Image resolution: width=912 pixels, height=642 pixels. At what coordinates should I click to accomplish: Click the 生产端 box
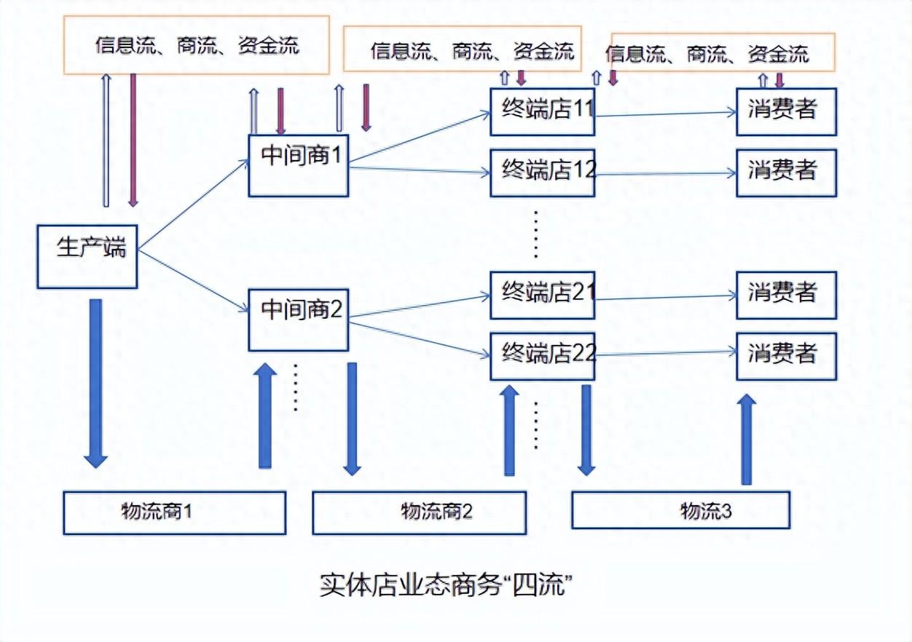click(87, 256)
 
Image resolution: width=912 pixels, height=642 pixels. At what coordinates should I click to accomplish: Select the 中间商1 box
click(298, 165)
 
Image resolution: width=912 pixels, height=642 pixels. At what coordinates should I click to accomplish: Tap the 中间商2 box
click(298, 319)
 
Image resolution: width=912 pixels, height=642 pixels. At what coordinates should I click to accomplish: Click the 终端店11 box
click(542, 111)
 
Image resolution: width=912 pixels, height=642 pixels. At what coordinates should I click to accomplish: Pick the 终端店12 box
click(542, 173)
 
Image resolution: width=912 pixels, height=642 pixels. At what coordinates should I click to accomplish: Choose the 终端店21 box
click(542, 295)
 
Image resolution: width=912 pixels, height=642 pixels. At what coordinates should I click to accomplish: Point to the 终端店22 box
click(542, 356)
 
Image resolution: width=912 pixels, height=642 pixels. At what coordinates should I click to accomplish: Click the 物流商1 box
click(173, 512)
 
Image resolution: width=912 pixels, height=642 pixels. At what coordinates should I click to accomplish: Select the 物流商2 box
click(419, 512)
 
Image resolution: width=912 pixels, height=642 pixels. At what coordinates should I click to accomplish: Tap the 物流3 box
click(680, 510)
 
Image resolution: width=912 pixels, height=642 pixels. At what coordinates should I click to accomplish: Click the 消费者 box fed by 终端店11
click(786, 111)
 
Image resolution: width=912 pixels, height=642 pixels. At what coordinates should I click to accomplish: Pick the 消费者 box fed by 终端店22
click(786, 356)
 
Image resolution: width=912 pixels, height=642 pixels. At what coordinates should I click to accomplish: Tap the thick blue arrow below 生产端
click(95, 382)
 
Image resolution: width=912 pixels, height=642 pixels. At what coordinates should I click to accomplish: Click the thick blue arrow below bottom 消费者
click(746, 440)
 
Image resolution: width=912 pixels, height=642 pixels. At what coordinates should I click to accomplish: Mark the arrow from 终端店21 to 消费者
click(664, 297)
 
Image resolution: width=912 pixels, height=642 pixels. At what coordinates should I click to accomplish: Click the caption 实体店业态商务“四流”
click(443, 584)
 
